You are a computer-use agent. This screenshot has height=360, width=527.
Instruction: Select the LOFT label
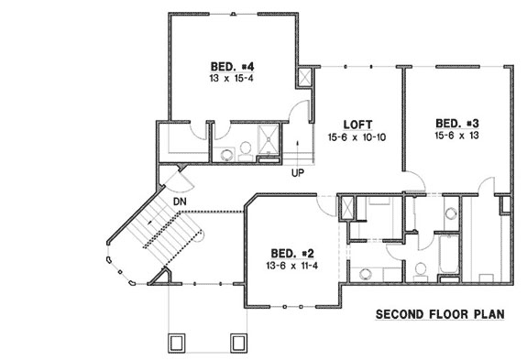coord(357,124)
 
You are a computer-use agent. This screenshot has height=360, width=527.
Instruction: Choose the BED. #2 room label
coord(291,253)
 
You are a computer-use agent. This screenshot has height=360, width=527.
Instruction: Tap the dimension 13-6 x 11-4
coord(291,266)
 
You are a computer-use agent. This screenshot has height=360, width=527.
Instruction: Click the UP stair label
coord(298,172)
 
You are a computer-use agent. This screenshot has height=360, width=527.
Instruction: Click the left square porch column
coord(178,343)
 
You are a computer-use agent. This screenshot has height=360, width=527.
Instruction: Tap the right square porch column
coord(237,343)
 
